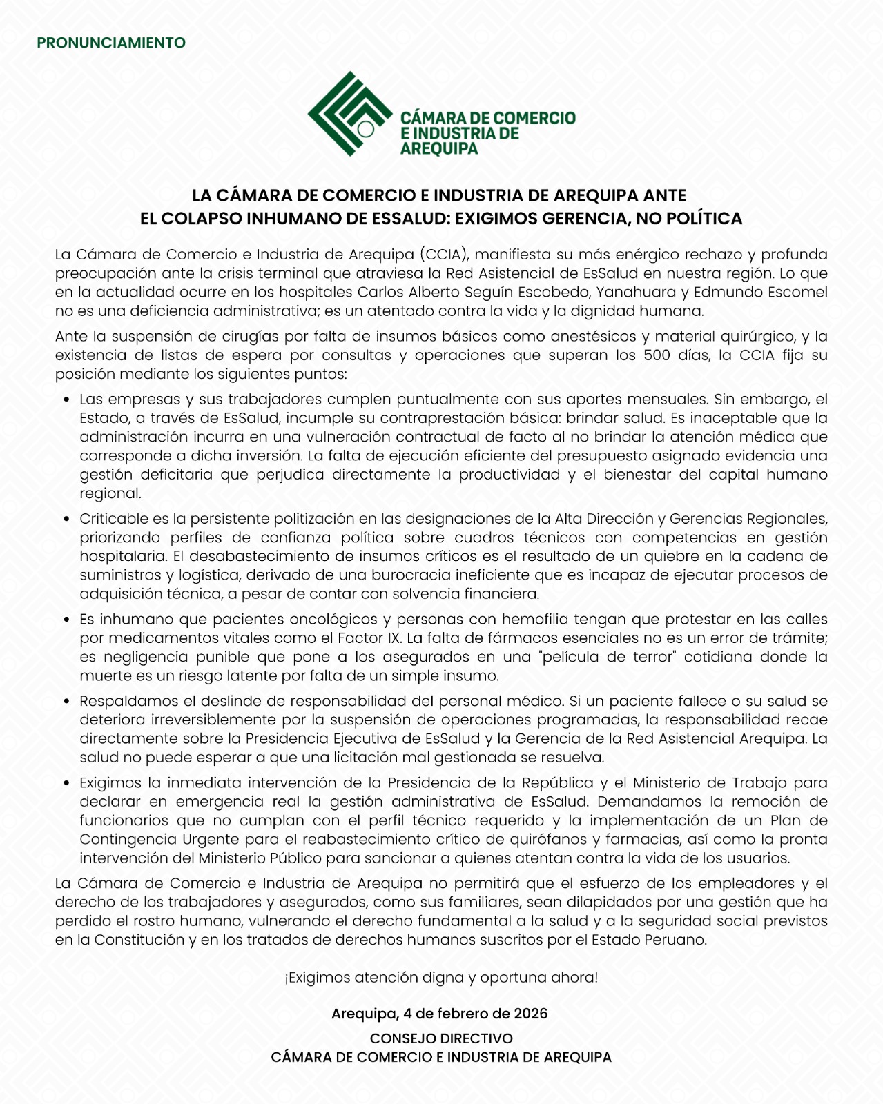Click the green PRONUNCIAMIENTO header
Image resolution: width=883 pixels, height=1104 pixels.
pos(111,43)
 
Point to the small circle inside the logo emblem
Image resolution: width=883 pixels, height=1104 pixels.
pos(366,128)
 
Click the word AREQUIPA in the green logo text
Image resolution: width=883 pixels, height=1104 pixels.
pos(439,148)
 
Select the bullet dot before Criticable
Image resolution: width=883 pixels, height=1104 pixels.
pos(66,519)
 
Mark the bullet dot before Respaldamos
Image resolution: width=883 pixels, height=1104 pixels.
pos(66,701)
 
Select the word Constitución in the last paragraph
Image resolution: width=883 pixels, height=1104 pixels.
pos(140,940)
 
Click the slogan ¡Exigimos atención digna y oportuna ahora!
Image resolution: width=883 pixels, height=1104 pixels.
pos(441,977)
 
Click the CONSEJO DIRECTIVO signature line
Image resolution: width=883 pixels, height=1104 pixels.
pos(441,1038)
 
